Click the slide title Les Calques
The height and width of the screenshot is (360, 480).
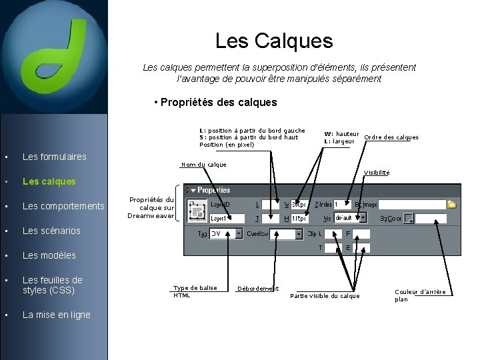pyautogui.click(x=273, y=41)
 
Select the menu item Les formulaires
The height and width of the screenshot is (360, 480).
pyautogui.click(x=54, y=157)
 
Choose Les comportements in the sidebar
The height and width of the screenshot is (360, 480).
pyautogui.click(x=63, y=206)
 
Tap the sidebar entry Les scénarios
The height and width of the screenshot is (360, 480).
pyautogui.click(x=51, y=231)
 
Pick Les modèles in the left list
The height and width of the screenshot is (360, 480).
pyautogui.click(x=49, y=255)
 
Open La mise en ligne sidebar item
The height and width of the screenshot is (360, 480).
pyautogui.click(x=56, y=315)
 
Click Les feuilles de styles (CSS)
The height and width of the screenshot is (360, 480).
pyautogui.click(x=53, y=285)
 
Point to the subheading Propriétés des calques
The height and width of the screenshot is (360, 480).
pyautogui.click(x=215, y=102)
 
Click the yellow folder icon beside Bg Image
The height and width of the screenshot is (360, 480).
pyautogui.click(x=451, y=205)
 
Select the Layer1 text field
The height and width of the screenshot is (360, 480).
pyautogui.click(x=227, y=218)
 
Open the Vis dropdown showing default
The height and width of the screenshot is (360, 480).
pyautogui.click(x=349, y=218)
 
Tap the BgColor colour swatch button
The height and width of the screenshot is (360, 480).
pyautogui.click(x=409, y=218)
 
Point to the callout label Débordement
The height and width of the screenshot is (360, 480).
pyautogui.click(x=258, y=289)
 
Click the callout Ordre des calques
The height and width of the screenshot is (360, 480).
pyautogui.click(x=391, y=137)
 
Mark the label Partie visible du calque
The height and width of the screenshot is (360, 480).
pyautogui.click(x=325, y=296)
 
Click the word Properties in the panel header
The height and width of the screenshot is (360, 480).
pyautogui.click(x=213, y=190)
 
